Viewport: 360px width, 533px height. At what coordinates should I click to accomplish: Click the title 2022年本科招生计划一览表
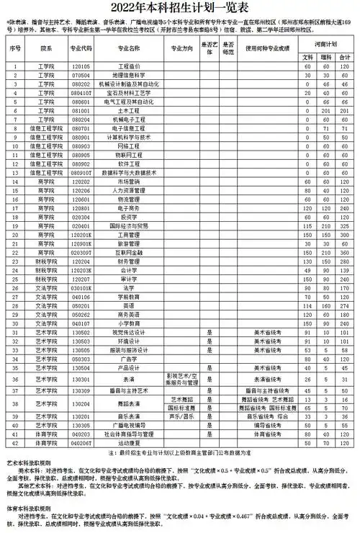[x=180, y=9]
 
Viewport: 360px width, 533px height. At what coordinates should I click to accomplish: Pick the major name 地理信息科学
[x=127, y=75]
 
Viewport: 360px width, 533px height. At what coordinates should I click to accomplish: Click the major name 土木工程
[x=127, y=111]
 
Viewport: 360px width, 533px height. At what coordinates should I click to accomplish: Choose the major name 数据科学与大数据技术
[x=127, y=173]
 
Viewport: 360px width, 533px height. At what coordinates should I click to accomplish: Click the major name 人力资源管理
[x=127, y=191]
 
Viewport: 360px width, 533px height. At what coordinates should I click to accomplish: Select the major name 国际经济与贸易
[x=127, y=226]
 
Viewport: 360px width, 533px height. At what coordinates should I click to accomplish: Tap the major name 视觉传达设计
[x=127, y=333]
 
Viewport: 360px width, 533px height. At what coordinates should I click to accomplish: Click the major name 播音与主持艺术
[x=127, y=390]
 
